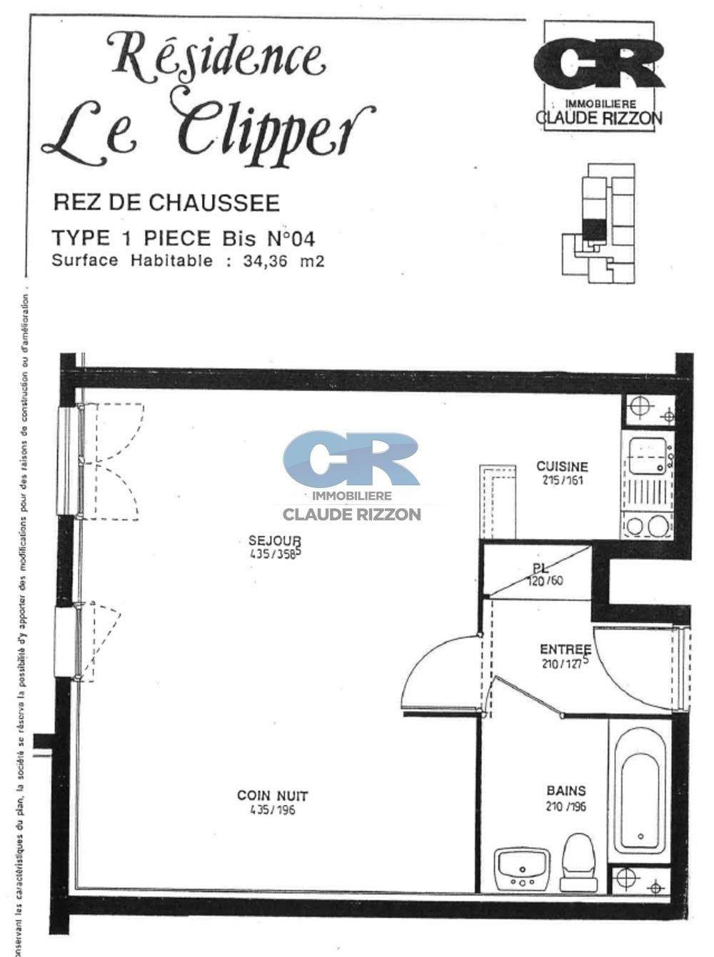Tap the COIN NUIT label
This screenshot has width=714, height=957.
(x=273, y=795)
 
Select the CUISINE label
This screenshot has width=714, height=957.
(x=562, y=467)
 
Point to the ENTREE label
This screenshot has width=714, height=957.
(x=565, y=649)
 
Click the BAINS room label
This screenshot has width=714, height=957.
(x=565, y=791)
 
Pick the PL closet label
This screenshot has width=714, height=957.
(x=540, y=569)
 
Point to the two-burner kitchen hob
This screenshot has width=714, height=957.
(x=647, y=526)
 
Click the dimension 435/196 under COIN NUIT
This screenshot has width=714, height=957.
(x=273, y=810)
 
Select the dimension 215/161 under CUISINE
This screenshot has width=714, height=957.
(x=562, y=480)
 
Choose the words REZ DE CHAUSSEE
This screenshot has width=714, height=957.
(x=166, y=203)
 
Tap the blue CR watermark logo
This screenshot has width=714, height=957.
(x=351, y=460)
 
